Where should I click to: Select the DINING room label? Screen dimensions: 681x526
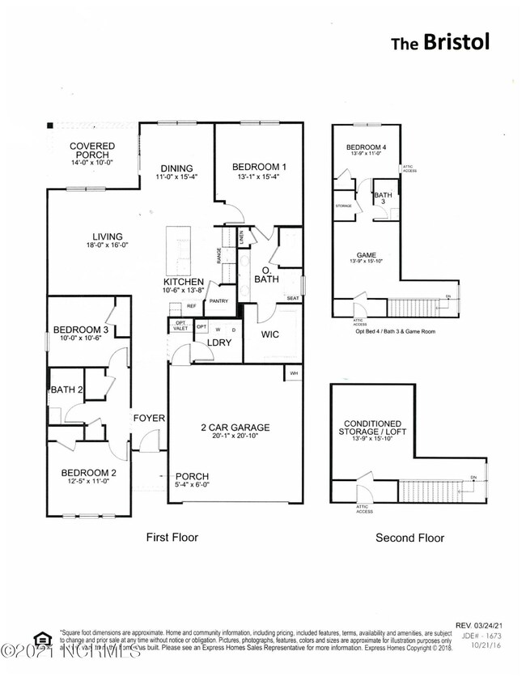coord(175,168)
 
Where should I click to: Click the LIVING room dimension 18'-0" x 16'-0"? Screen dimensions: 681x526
coord(108,245)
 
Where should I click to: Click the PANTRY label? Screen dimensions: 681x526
coord(218,302)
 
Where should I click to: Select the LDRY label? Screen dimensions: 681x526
coord(220,343)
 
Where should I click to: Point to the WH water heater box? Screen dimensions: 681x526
coord(292,373)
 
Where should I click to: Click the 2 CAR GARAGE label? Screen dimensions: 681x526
coord(236,428)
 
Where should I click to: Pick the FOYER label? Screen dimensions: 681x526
coord(151,419)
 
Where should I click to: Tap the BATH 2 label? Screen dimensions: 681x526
coord(68,390)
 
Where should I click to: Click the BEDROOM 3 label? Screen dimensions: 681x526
coord(81,330)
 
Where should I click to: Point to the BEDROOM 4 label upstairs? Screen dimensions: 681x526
coord(367,147)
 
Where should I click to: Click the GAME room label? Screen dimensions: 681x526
coord(367,254)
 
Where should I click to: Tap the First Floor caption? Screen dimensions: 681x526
coord(172,537)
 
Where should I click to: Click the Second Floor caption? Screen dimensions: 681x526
coord(409,538)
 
